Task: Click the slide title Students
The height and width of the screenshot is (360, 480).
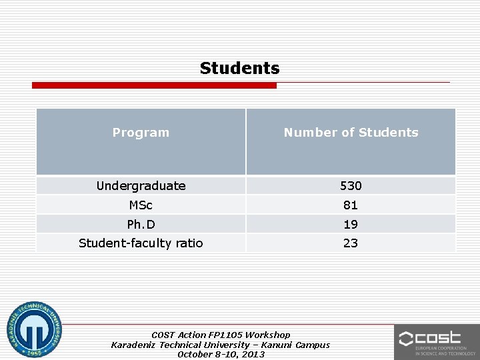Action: (239, 68)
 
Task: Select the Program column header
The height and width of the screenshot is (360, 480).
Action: (141, 133)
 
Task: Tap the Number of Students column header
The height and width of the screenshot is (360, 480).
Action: (351, 133)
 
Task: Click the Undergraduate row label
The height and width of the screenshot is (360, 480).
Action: (141, 186)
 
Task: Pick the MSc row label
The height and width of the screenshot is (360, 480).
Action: (141, 205)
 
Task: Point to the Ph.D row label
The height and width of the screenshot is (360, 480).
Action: (141, 225)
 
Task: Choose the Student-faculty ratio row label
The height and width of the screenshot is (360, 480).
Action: (141, 243)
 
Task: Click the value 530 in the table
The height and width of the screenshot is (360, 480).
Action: (351, 186)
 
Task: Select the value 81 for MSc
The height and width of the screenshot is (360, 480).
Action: (351, 205)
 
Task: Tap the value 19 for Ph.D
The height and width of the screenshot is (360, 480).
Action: (351, 225)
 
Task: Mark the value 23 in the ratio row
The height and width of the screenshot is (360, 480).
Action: (351, 243)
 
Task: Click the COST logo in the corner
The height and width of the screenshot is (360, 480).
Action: (437, 341)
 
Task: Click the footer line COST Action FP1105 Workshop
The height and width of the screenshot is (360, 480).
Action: (221, 335)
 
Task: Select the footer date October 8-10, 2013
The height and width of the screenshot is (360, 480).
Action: (221, 355)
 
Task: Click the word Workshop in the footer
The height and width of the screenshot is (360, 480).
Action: (268, 335)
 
